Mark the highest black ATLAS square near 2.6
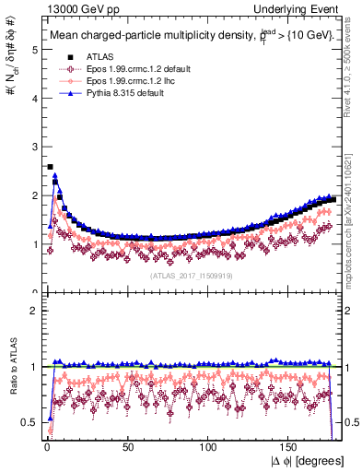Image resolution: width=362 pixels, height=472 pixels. click(50, 167)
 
